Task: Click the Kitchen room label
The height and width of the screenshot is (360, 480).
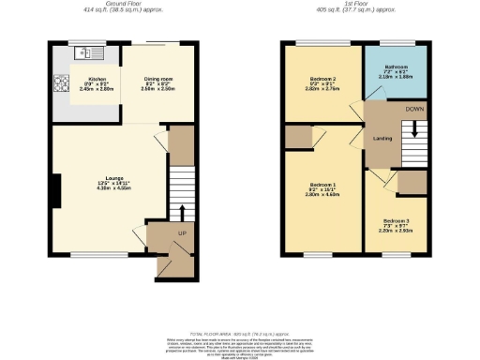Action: (x=96, y=80)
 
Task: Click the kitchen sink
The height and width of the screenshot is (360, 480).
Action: (x=90, y=50)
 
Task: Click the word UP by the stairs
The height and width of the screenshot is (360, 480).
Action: (x=181, y=232)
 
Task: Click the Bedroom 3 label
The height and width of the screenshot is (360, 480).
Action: (x=396, y=220)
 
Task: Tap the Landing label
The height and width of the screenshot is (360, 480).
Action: (x=382, y=138)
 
